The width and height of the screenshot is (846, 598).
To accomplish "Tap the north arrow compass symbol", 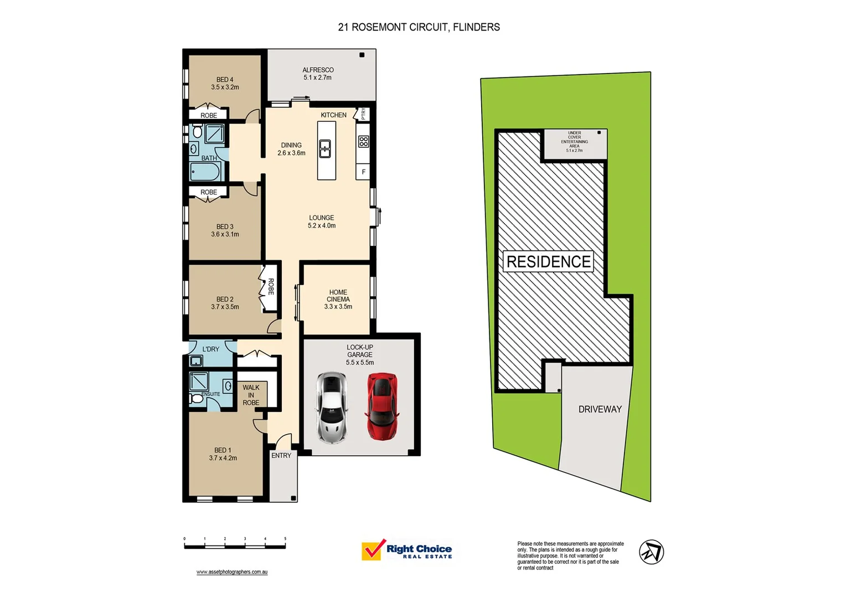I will tap(651, 552).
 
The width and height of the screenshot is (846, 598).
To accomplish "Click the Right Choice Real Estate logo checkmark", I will tap(373, 550).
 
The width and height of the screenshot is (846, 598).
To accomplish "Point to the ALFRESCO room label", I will tap(318, 70).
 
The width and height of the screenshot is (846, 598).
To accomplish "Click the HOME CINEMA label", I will tap(338, 296).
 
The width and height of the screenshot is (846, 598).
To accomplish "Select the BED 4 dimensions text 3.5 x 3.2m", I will tap(225, 87).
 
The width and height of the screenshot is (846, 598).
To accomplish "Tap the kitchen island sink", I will tap(326, 148).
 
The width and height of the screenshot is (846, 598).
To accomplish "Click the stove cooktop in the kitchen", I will tap(363, 142).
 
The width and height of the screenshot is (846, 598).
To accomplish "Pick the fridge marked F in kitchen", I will tap(363, 172).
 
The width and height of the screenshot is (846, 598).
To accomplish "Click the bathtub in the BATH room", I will tap(206, 172).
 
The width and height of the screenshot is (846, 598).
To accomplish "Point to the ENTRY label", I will tap(281, 456).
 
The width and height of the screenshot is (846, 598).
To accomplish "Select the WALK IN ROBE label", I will tap(251, 395).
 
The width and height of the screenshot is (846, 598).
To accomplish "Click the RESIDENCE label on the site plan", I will tap(548, 262).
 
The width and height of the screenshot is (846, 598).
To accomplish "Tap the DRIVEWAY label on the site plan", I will tap(600, 409).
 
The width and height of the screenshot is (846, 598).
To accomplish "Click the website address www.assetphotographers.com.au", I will tap(232, 572).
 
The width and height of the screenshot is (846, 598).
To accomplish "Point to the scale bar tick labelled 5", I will tap(285, 539).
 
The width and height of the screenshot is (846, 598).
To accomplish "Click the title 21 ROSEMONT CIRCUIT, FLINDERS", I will tap(419, 27).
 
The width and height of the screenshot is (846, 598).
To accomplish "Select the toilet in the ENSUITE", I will tap(196, 398).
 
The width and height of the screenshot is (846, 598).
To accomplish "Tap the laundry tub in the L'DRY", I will tap(196, 361).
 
